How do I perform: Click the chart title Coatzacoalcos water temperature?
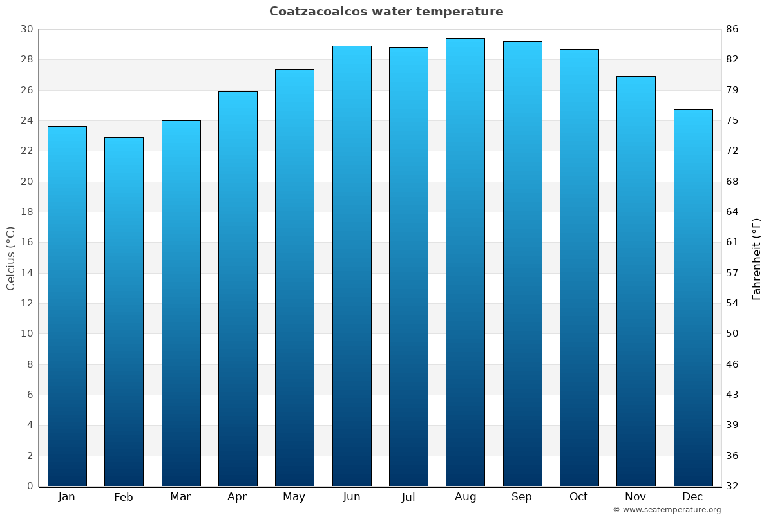[386, 12]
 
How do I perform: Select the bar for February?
[124, 312]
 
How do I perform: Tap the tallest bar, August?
[465, 263]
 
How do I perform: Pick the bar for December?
[693, 298]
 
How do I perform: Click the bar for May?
[294, 277]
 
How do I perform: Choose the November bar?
[636, 281]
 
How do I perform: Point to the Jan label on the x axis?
[67, 497]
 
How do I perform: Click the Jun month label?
[352, 497]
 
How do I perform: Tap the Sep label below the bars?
[522, 497]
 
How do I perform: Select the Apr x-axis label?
[237, 497]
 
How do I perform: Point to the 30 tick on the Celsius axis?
[26, 29]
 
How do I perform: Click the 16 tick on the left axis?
[26, 243]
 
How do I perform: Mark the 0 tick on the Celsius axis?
[30, 486]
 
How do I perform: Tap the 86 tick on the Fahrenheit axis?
[732, 29]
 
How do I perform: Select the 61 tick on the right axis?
[732, 243]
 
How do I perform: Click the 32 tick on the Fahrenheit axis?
[732, 486]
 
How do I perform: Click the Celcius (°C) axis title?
[11, 258]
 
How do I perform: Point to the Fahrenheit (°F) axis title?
[757, 258]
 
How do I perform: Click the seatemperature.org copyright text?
[667, 510]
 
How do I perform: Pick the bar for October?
[579, 268]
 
